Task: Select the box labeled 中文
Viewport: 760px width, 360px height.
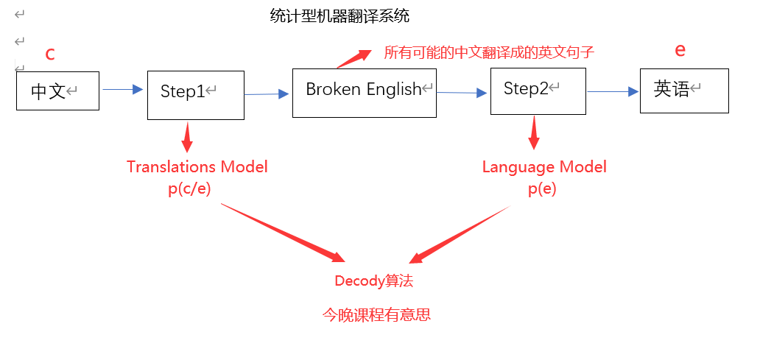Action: coord(57,91)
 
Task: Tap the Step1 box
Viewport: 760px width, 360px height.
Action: coord(195,95)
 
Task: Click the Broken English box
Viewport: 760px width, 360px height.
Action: coord(364,92)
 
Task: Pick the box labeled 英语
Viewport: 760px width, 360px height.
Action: coord(683,91)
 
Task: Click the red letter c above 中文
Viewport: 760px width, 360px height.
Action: coord(50,54)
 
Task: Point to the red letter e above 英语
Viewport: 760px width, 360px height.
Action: coord(680,50)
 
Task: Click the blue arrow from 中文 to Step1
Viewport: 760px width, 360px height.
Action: coord(122,89)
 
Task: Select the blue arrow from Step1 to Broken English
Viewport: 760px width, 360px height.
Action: coord(266,93)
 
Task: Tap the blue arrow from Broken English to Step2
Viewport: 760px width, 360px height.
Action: coord(462,92)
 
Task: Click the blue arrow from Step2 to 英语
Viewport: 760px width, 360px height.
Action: coord(612,91)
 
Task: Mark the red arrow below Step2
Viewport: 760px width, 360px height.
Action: coord(534,133)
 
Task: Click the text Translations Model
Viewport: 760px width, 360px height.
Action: coord(197,167)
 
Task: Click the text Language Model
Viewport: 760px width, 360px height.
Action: coord(544,167)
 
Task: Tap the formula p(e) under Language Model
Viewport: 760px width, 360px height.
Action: coord(542,188)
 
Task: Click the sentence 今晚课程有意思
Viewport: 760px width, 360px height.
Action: coord(376,315)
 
